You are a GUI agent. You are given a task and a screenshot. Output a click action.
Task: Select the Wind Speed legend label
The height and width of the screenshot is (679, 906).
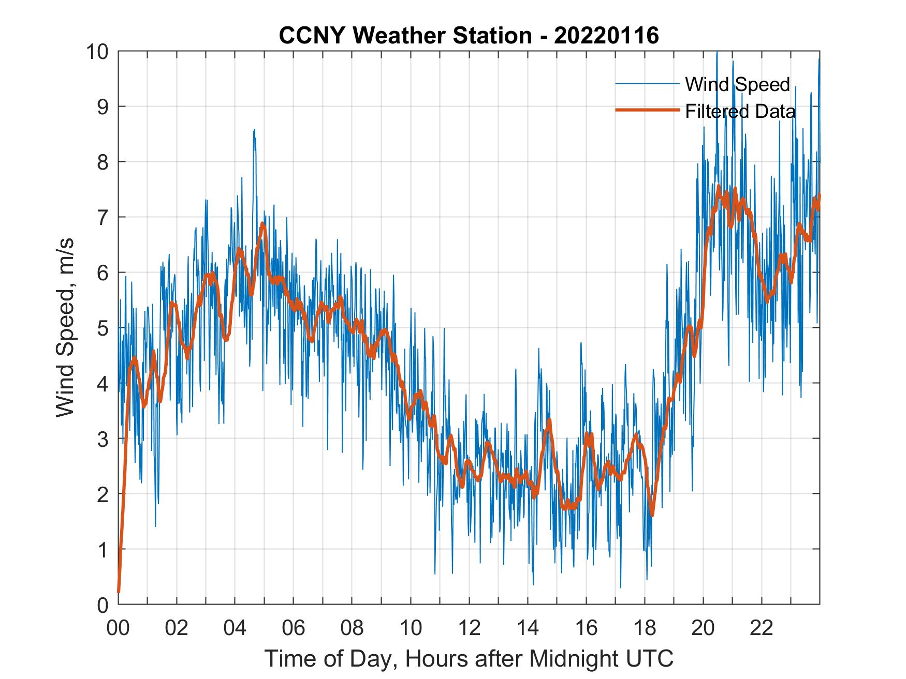[x=737, y=84]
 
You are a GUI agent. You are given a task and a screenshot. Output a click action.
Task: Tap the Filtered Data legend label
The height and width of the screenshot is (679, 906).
[x=740, y=111]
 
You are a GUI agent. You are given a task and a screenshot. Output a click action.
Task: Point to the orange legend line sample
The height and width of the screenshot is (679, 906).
[x=647, y=110]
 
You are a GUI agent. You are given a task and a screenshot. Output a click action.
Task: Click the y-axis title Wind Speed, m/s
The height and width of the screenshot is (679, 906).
[x=65, y=327]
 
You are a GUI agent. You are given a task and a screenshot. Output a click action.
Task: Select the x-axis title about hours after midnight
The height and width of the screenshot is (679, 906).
[x=469, y=658]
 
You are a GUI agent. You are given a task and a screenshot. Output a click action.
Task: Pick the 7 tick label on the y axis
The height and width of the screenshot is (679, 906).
[x=101, y=217]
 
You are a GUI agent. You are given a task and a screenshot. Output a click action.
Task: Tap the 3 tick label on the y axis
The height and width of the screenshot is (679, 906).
[x=101, y=439]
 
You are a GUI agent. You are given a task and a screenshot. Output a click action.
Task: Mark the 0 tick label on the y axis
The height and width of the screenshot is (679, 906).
[x=101, y=605]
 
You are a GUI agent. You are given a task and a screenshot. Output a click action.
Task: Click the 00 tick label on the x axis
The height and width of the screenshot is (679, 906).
[x=118, y=628]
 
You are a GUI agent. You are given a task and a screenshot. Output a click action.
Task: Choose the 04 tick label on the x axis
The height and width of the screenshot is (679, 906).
[x=235, y=628]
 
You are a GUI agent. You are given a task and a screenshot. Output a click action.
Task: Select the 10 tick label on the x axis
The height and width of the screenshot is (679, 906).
[x=411, y=628]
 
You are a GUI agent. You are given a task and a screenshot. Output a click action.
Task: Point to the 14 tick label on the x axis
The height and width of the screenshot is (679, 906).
[x=528, y=628]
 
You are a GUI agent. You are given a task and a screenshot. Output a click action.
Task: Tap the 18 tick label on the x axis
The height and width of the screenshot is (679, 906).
[x=645, y=628]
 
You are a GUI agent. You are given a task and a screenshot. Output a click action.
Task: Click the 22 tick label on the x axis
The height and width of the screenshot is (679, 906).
[x=762, y=628]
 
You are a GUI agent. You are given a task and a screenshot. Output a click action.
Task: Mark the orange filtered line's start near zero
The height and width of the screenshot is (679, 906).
[x=119, y=591]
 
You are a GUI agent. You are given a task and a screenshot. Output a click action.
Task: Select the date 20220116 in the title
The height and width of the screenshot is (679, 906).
[x=606, y=36]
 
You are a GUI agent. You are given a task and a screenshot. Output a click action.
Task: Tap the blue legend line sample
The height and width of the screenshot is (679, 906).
[x=647, y=84]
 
